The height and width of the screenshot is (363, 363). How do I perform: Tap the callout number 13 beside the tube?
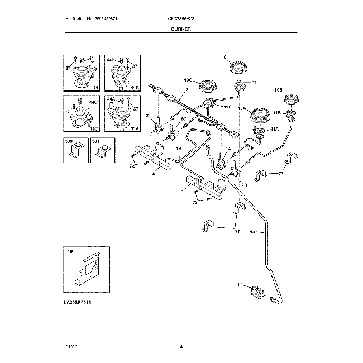coord(252,231)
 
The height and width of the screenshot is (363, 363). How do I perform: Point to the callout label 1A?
coord(152,173)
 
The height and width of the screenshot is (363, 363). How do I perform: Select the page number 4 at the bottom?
coord(181,347)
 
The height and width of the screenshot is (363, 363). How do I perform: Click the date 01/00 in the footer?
coord(71,347)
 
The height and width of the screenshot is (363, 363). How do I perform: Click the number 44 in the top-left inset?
coord(91,58)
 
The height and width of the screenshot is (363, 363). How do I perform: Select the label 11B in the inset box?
coord(134,88)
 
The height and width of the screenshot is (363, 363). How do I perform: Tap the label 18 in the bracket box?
coord(70,253)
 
